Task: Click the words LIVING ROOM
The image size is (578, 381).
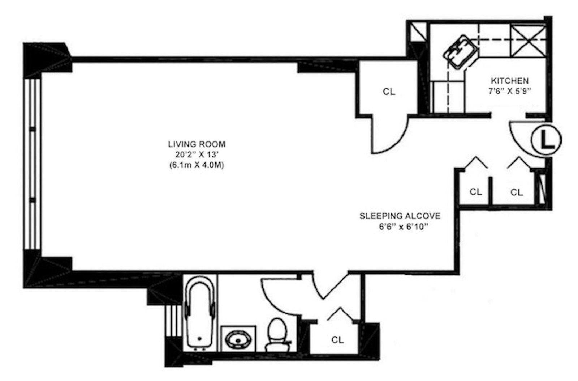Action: pyautogui.click(x=197, y=144)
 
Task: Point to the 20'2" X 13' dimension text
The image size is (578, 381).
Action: pyautogui.click(x=197, y=154)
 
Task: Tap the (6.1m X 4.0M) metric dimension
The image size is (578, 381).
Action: pyautogui.click(x=197, y=165)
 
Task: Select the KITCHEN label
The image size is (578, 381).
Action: pyautogui.click(x=509, y=81)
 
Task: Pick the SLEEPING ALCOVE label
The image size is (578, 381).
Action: pyautogui.click(x=400, y=216)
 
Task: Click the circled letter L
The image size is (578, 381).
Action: pyautogui.click(x=546, y=141)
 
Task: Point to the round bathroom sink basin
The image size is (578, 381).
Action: pyautogui.click(x=238, y=339)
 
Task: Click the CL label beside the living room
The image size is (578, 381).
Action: pyautogui.click(x=389, y=92)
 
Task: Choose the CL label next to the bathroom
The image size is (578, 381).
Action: pyautogui.click(x=337, y=340)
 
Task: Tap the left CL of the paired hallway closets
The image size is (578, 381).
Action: pyautogui.click(x=476, y=192)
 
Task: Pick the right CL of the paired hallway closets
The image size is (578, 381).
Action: pyautogui.click(x=517, y=192)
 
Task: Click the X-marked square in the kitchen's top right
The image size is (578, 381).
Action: pyautogui.click(x=528, y=39)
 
